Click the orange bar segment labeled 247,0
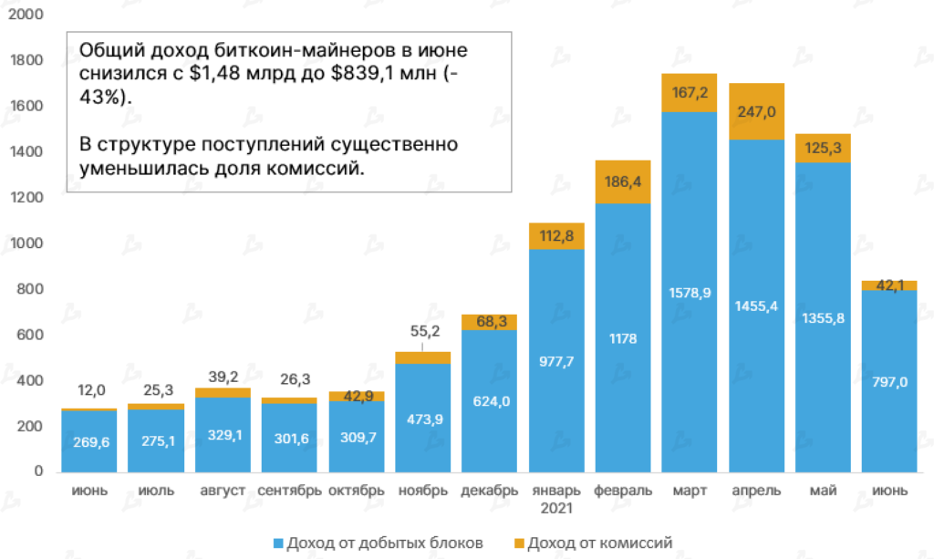[756, 111]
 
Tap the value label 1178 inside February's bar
[623, 339]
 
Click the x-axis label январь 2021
[555, 498]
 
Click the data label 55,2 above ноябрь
[422, 330]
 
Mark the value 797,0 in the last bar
[889, 382]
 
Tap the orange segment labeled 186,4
[623, 182]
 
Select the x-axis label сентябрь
[289, 491]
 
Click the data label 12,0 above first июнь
[89, 391]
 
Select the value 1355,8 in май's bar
[823, 317]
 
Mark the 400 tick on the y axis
[31, 380]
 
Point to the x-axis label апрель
[756, 491]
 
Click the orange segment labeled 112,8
[555, 237]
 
